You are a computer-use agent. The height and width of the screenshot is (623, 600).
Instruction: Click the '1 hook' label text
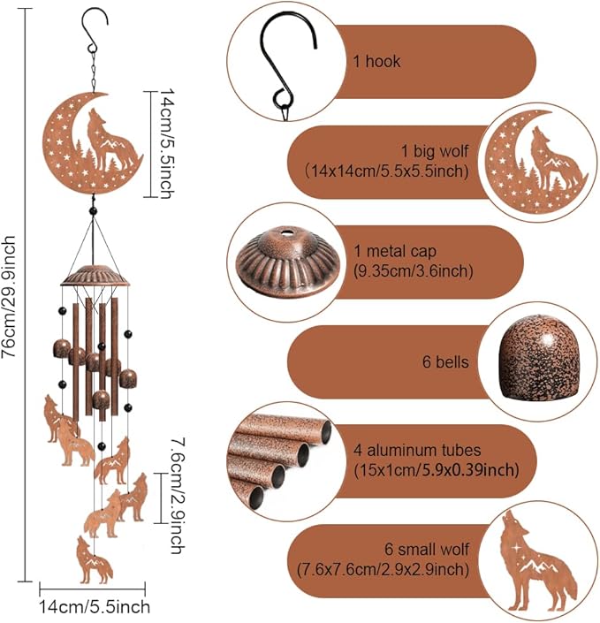click(376, 62)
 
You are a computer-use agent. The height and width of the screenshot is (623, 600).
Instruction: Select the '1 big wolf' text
click(435, 151)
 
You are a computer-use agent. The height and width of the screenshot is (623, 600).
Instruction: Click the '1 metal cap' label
click(395, 251)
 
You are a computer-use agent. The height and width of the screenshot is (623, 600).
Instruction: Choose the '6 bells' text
click(445, 362)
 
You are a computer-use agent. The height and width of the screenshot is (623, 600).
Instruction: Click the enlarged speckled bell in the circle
click(539, 359)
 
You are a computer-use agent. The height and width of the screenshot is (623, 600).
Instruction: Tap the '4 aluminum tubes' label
click(417, 450)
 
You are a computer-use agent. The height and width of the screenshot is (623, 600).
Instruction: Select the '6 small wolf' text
click(427, 549)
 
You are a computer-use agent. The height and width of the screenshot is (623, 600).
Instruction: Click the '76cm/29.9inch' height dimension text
click(9, 296)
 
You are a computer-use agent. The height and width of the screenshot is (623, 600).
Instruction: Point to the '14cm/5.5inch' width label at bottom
click(95, 607)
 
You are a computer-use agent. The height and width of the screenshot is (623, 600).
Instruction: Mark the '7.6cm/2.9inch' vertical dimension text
click(177, 496)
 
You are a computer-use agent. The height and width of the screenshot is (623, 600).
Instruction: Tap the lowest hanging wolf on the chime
click(95, 560)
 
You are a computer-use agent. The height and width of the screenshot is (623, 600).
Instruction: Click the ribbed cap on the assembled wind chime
click(95, 276)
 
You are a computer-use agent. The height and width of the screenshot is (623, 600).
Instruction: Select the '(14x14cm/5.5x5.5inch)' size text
click(387, 171)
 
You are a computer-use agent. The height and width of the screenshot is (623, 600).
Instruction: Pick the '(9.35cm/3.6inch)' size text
click(414, 271)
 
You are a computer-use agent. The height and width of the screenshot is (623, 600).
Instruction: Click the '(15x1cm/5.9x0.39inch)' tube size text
click(437, 470)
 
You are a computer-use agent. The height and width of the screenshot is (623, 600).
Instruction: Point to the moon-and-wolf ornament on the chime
click(93, 143)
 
